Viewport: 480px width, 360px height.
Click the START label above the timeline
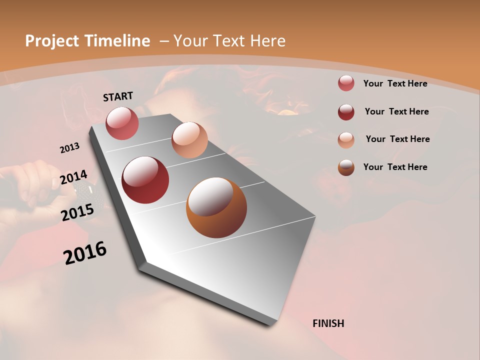tap(118, 96)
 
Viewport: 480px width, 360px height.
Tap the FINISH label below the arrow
tap(328, 323)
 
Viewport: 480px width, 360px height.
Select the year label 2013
tap(69, 148)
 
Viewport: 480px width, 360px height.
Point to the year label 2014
tap(73, 177)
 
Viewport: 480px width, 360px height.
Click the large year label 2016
tap(85, 253)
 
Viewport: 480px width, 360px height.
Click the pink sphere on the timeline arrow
tap(122, 123)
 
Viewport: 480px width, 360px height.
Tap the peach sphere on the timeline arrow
tap(189, 140)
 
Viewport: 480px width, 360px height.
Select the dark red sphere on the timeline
tap(145, 180)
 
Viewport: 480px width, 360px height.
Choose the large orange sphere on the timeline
tap(216, 207)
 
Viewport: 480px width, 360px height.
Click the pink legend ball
tap(346, 83)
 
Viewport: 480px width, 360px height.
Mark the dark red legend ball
tap(346, 111)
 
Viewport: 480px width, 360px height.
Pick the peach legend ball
tap(346, 139)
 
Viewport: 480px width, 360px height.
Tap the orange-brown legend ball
tap(346, 167)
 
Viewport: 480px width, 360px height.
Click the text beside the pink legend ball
tap(395, 83)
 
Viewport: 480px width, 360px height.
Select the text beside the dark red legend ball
tap(396, 111)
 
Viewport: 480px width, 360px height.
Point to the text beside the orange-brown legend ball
tap(395, 167)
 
